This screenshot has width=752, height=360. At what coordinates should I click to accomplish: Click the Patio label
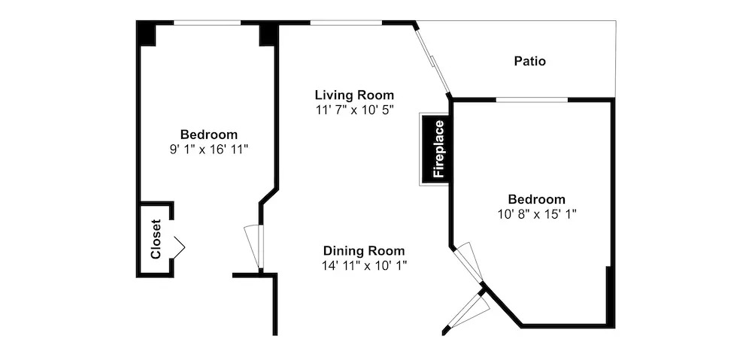pyautogui.click(x=530, y=62)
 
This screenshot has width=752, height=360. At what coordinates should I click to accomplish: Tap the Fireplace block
pyautogui.click(x=435, y=149)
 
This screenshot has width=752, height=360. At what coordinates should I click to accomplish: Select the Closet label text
pyautogui.click(x=156, y=239)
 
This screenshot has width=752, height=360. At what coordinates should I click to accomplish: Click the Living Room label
pyautogui.click(x=354, y=95)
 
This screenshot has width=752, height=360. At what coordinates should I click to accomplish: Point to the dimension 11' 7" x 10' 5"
pyautogui.click(x=354, y=109)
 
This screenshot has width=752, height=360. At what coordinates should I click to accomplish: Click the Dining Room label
pyautogui.click(x=364, y=251)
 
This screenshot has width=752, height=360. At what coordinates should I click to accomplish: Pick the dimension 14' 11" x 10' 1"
pyautogui.click(x=364, y=265)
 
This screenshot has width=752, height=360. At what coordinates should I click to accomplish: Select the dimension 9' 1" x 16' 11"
pyautogui.click(x=208, y=149)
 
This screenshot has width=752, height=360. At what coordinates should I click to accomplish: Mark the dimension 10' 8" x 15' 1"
pyautogui.click(x=537, y=213)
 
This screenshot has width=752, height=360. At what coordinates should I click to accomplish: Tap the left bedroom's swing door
pyautogui.click(x=254, y=247)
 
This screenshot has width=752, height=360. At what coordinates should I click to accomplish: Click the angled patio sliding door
pyautogui.click(x=432, y=60)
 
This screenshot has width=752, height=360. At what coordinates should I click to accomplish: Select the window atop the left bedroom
pyautogui.click(x=207, y=23)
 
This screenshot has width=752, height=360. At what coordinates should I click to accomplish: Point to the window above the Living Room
pyautogui.click(x=346, y=23)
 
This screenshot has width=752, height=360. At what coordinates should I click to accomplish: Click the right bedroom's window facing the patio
pyautogui.click(x=532, y=100)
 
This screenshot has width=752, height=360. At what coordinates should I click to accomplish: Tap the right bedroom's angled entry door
pyautogui.click(x=468, y=263)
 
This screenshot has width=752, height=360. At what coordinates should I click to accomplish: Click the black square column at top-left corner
pyautogui.click(x=146, y=33)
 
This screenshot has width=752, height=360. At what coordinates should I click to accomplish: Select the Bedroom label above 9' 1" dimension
pyautogui.click(x=208, y=135)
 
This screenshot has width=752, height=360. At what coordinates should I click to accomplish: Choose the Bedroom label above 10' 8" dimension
pyautogui.click(x=537, y=199)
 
